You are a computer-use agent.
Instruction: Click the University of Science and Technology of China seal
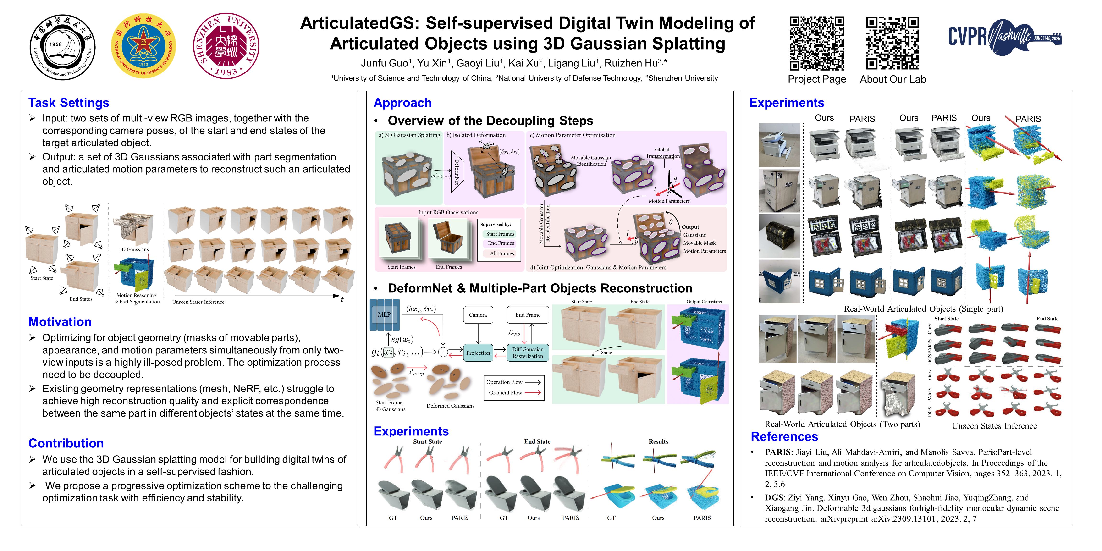click(62, 47)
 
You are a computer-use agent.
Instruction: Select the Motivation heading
click(60, 322)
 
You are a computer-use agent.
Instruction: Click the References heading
click(784, 436)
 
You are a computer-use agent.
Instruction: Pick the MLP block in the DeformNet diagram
click(384, 315)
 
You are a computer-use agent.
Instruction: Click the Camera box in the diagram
click(478, 315)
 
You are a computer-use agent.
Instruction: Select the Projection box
click(478, 353)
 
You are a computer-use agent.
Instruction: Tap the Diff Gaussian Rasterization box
click(528, 353)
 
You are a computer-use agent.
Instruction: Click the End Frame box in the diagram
click(528, 315)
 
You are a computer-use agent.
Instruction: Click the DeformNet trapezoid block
click(457, 171)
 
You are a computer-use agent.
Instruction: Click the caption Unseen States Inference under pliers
click(994, 426)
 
